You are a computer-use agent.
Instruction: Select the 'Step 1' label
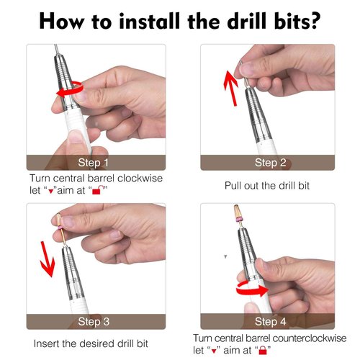point(94,163)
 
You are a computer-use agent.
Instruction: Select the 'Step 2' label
point(269,163)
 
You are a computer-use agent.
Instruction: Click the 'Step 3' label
point(94,321)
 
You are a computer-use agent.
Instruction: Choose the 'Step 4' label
point(269,321)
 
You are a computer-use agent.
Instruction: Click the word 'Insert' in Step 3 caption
point(47,344)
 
